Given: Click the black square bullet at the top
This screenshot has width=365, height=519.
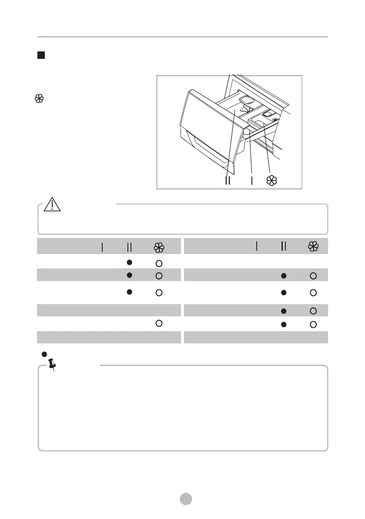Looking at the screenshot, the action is tap(41, 55).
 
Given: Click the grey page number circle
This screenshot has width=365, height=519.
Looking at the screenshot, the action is tap(186, 499).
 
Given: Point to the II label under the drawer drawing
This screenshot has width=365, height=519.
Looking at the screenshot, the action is tap(228, 181).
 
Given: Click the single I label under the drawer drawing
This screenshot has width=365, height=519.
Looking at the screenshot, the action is tap(252, 181).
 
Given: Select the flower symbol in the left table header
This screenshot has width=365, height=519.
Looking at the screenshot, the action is tap(158, 247).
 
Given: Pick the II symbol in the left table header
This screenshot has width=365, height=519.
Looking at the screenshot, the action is tap(129, 247).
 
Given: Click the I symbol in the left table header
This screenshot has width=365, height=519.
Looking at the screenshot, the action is tap(102, 247).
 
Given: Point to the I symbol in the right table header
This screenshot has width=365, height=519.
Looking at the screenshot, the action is tap(257, 246).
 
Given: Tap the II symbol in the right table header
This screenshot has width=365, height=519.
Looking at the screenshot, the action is tap(284, 246).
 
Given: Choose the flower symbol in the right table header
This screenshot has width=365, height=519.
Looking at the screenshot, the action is tap(313, 246).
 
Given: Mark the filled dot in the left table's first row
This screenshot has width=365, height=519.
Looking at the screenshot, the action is tap(129, 262).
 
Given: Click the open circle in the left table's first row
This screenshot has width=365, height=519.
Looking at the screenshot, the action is tap(159, 263).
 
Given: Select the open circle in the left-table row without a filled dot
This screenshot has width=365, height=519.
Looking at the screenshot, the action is tap(159, 323).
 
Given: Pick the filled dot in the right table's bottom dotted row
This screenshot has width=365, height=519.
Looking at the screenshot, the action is tap(284, 324).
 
